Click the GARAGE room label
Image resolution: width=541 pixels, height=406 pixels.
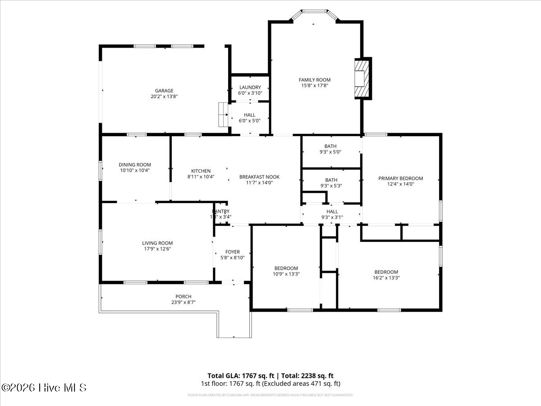pyautogui.click(x=164, y=91)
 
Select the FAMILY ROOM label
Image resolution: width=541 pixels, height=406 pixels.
pyautogui.click(x=314, y=80)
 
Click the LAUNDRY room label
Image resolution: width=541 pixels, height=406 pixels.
pyautogui.click(x=250, y=88)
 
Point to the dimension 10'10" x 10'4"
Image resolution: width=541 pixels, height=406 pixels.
pyautogui.click(x=135, y=171)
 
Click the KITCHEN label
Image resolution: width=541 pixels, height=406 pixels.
pyautogui.click(x=201, y=171)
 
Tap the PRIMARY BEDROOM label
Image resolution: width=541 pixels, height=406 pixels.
pyautogui.click(x=400, y=178)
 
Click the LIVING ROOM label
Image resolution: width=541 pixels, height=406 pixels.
pyautogui.click(x=157, y=243)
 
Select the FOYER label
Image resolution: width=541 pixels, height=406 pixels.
pyautogui.click(x=233, y=252)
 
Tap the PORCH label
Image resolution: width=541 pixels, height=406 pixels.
pyautogui.click(x=183, y=296)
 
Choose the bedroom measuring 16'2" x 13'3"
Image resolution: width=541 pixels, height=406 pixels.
pyautogui.click(x=386, y=272)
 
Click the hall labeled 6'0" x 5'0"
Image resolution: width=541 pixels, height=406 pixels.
pyautogui.click(x=249, y=115)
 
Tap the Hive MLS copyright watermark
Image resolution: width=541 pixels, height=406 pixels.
pyautogui.click(x=44, y=388)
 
